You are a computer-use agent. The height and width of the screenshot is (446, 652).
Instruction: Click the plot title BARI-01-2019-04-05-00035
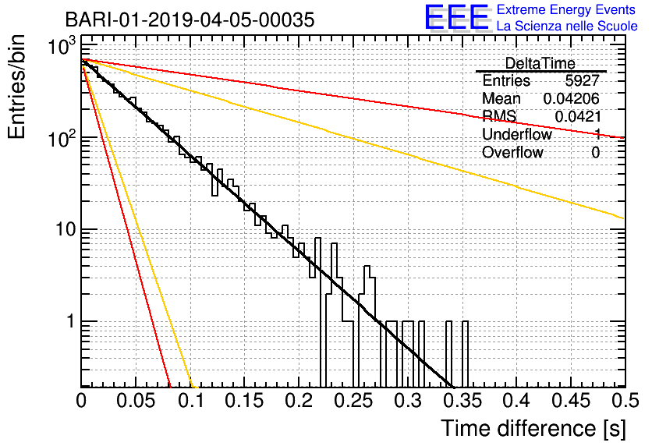[190, 19]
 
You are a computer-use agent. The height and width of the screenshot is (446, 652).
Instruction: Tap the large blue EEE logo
[457, 17]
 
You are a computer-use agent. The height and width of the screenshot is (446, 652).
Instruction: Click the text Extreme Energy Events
[566, 9]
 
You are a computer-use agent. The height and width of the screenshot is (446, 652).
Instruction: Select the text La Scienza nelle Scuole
[567, 26]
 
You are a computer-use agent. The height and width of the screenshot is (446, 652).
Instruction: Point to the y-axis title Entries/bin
[16, 87]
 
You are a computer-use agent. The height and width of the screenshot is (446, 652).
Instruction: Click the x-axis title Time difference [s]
[533, 429]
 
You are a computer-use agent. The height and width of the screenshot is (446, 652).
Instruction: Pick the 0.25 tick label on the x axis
[354, 401]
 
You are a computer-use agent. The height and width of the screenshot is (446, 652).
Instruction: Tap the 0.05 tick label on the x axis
[136, 401]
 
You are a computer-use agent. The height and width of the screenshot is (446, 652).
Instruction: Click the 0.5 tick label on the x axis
[625, 401]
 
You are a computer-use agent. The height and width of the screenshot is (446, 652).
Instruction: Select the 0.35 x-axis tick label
[462, 401]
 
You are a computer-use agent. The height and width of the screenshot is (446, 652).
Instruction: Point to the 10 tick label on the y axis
[66, 229]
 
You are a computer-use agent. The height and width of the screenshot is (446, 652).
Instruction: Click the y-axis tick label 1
[70, 321]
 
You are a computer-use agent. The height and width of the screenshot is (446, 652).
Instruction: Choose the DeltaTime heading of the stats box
[540, 63]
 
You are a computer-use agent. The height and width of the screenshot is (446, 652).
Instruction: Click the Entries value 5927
[582, 80]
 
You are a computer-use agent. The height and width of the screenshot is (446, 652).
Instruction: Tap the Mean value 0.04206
[572, 98]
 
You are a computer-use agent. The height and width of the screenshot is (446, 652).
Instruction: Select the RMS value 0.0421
[578, 117]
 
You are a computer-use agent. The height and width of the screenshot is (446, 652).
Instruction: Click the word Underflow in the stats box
[517, 134]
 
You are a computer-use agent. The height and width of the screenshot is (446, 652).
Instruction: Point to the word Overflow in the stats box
[512, 153]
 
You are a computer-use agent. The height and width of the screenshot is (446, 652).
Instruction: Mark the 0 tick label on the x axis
[81, 401]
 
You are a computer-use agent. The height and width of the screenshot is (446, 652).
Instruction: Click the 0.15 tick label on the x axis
[245, 401]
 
